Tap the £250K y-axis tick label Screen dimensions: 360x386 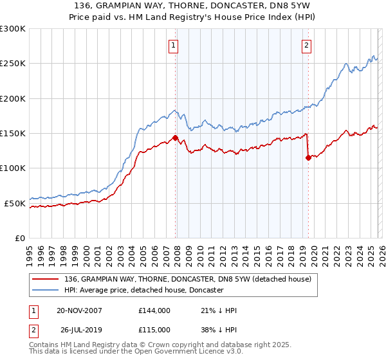pos(13,64)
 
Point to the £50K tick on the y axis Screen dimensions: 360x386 pos(15,203)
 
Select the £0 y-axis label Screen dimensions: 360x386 pos(20,238)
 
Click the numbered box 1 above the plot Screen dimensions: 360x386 pos(174,45)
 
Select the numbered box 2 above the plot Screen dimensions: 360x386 pos(307,45)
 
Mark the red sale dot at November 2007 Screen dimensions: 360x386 pos(175,137)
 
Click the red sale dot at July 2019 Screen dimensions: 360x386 pos(308,157)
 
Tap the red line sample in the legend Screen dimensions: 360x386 pos(46,279)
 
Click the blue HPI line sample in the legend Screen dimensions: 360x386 pos(46,291)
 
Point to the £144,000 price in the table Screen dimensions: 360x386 pos(154,310)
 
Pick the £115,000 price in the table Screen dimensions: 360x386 pos(154,331)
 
